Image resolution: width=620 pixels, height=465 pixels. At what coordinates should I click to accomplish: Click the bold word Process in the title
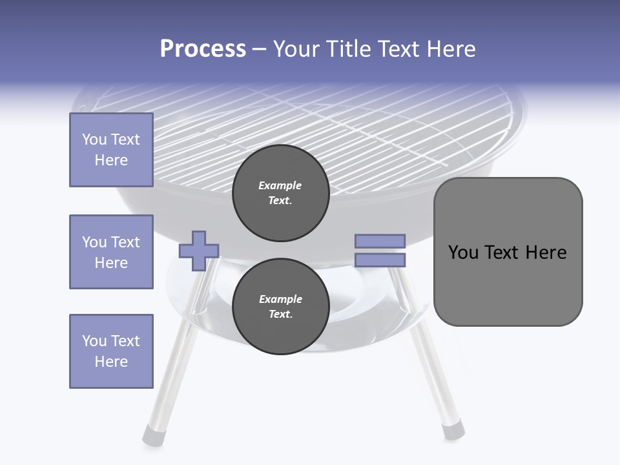203,49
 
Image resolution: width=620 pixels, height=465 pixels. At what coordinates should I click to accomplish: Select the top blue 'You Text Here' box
111,150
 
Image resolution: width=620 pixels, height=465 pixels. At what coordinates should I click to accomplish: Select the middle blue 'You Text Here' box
111,252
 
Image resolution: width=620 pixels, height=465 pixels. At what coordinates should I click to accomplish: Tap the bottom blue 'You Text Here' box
111,351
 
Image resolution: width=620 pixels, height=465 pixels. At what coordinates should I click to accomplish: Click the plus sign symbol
199,250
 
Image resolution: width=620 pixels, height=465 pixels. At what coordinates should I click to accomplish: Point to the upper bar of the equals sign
380,241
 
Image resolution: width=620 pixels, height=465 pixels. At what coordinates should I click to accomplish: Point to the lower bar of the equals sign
380,260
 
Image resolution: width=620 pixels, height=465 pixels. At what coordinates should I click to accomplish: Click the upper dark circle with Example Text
280,193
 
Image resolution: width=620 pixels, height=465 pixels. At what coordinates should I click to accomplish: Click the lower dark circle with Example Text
280,307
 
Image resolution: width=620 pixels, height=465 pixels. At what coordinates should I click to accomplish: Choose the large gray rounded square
508,252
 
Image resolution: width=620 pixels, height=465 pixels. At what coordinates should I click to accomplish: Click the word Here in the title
451,49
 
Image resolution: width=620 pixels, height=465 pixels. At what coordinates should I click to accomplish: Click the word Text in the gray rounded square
507,253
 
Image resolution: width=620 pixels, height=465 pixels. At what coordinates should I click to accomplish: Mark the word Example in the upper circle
280,185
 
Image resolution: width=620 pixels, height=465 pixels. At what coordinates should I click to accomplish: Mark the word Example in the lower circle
280,299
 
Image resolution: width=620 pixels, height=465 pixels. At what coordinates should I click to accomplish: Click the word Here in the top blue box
111,160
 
